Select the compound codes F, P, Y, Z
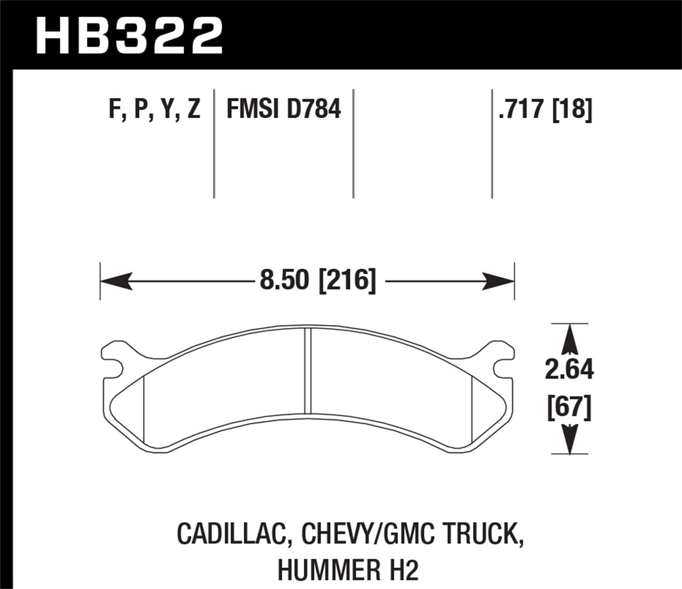pyautogui.click(x=155, y=110)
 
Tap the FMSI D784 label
pyautogui.click(x=283, y=110)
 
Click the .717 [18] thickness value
pyautogui.click(x=545, y=110)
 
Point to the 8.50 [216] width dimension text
pyautogui.click(x=318, y=280)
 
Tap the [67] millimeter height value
pyautogui.click(x=569, y=407)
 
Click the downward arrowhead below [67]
pyautogui.click(x=569, y=439)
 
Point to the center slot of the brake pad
pyautogui.click(x=308, y=369)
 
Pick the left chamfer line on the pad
pyautogui.click(x=143, y=408)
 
